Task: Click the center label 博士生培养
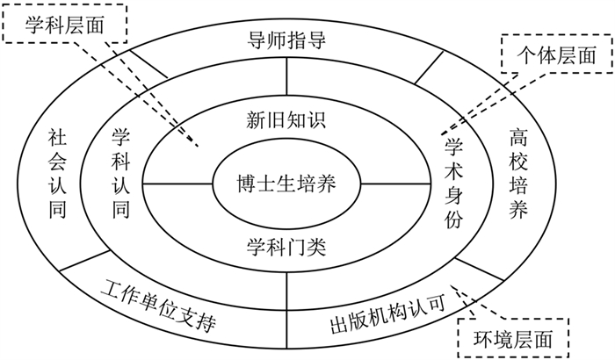(x=286, y=185)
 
